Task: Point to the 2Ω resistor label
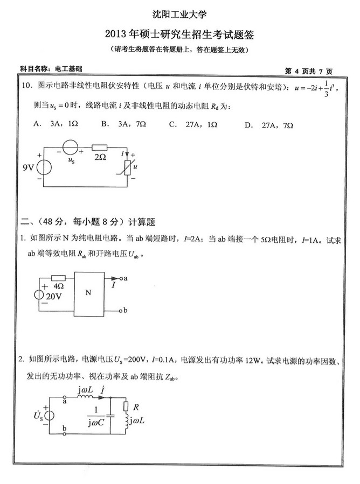(x=99, y=157)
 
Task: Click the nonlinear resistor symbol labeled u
(x=128, y=167)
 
